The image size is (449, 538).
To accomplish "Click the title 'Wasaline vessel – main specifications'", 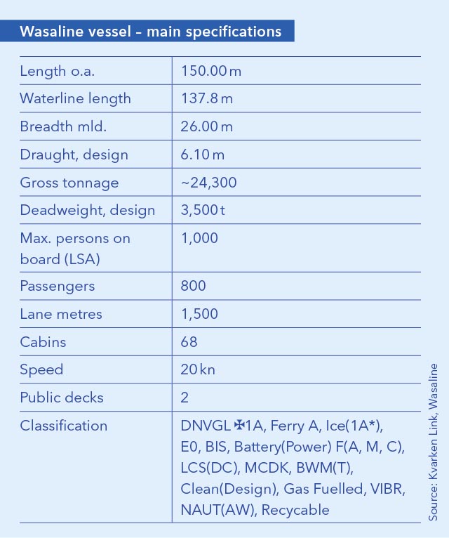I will (x=151, y=32).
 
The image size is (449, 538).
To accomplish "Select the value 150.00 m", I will (x=211, y=71).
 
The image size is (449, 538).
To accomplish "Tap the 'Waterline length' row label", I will (x=76, y=99).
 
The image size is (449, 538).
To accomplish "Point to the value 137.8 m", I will (x=206, y=99).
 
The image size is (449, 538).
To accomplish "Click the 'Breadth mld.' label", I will (x=63, y=127).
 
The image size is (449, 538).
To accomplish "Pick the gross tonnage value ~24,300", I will (x=209, y=183).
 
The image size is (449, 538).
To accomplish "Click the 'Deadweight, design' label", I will (x=88, y=211).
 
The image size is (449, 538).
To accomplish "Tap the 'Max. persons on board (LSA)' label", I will (x=75, y=249).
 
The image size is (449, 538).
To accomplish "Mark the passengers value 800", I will (x=194, y=287).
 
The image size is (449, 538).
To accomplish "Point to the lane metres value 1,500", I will (x=199, y=314).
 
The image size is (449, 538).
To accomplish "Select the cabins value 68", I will (x=189, y=342).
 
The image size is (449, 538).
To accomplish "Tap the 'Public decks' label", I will (x=62, y=398).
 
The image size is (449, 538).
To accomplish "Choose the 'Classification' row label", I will (x=64, y=426).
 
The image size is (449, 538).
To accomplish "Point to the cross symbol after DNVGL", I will (x=239, y=426).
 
